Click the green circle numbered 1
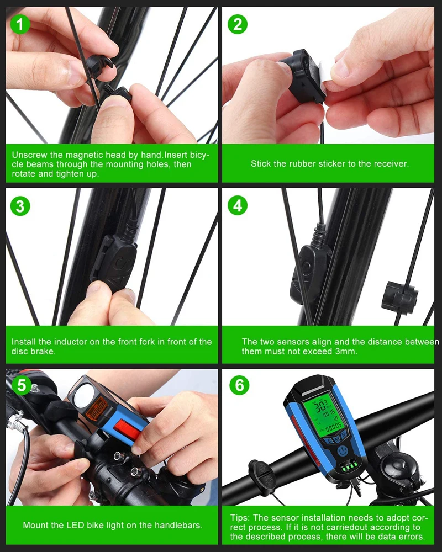pos(20,24)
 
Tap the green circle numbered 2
pos(238,24)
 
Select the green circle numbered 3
pos(20,206)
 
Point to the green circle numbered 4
pos(238,205)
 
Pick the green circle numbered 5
pos(22,385)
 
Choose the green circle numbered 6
pos(239,385)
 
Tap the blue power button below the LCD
pos(343,450)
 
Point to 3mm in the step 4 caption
pos(345,351)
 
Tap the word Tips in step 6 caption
pos(240,518)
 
